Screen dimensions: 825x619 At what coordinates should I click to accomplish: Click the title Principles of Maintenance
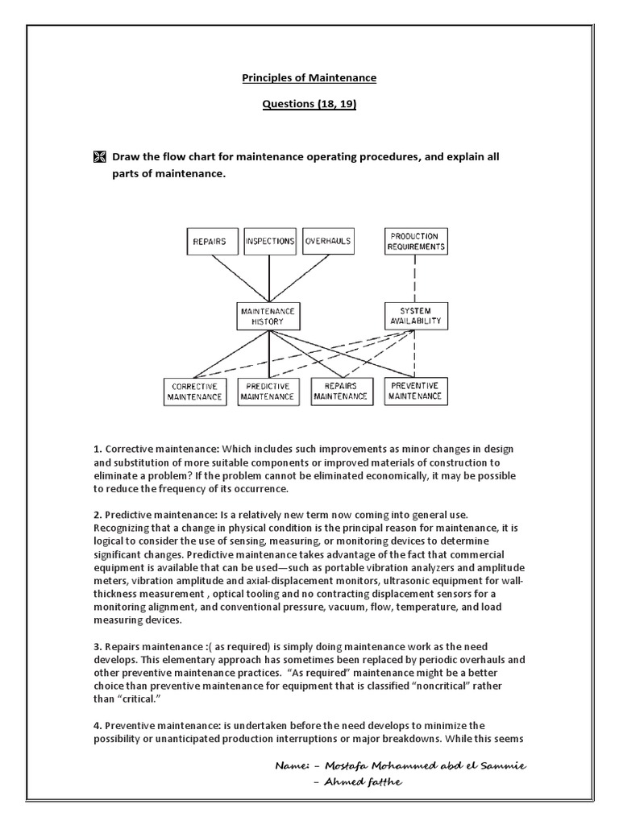coord(309,78)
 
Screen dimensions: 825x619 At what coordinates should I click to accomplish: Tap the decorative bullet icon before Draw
coord(99,157)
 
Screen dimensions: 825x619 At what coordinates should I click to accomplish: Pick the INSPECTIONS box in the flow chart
coord(269,241)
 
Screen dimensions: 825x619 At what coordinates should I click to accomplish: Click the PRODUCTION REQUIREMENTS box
coord(415,241)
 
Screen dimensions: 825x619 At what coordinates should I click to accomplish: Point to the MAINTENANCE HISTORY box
coord(268,316)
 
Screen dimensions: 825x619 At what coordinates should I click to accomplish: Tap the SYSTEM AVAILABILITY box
coord(415,316)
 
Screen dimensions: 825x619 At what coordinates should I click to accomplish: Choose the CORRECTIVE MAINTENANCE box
coord(194,391)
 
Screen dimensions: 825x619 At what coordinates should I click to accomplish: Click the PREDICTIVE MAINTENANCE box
coord(268,391)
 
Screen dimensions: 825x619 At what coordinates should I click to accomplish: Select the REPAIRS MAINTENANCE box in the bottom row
coord(341,391)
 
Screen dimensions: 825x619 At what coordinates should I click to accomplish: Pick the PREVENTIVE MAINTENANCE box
coord(415,391)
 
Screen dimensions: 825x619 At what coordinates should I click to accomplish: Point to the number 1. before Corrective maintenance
coord(97,448)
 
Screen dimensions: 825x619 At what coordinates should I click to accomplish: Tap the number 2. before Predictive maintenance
coord(97,514)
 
